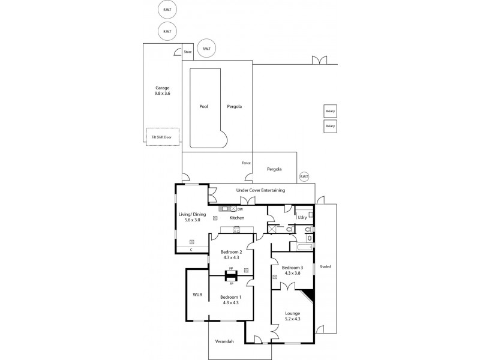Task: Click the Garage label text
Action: click(x=163, y=88)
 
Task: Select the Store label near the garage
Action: click(x=188, y=52)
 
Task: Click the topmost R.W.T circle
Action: click(x=167, y=10)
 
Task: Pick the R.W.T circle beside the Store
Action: click(x=206, y=49)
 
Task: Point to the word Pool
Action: click(x=203, y=106)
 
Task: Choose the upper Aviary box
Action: click(x=329, y=112)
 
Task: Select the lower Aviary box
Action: click(x=329, y=126)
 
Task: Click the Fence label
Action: click(x=246, y=163)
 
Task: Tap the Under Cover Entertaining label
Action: click(x=260, y=190)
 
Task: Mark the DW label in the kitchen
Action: click(x=239, y=209)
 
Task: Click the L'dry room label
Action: click(x=302, y=217)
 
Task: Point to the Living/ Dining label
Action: click(x=191, y=214)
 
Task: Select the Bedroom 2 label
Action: click(x=230, y=252)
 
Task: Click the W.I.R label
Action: click(x=196, y=295)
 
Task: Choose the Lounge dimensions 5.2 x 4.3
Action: click(x=293, y=319)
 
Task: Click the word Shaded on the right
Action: click(x=325, y=266)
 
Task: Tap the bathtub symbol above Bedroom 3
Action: click(x=301, y=246)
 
